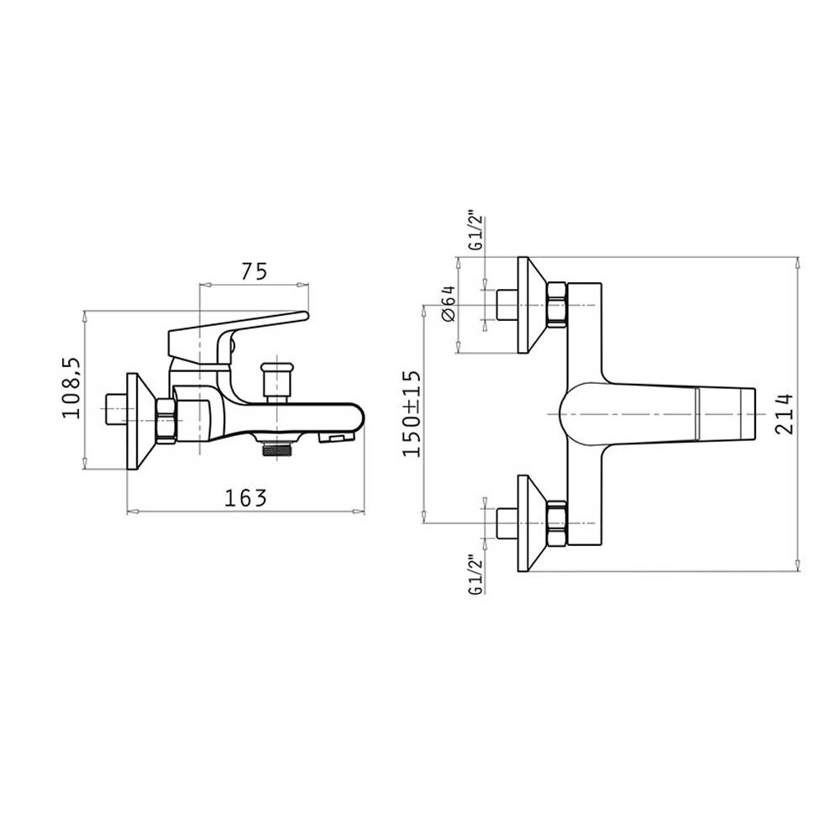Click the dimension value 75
point(254,271)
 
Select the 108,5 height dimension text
point(71,388)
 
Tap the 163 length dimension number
point(245,498)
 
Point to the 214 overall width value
point(785,414)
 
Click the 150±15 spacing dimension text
point(412,413)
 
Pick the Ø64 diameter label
point(449,303)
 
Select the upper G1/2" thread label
point(475,234)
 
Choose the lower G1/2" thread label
point(475,575)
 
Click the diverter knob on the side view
point(276,380)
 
